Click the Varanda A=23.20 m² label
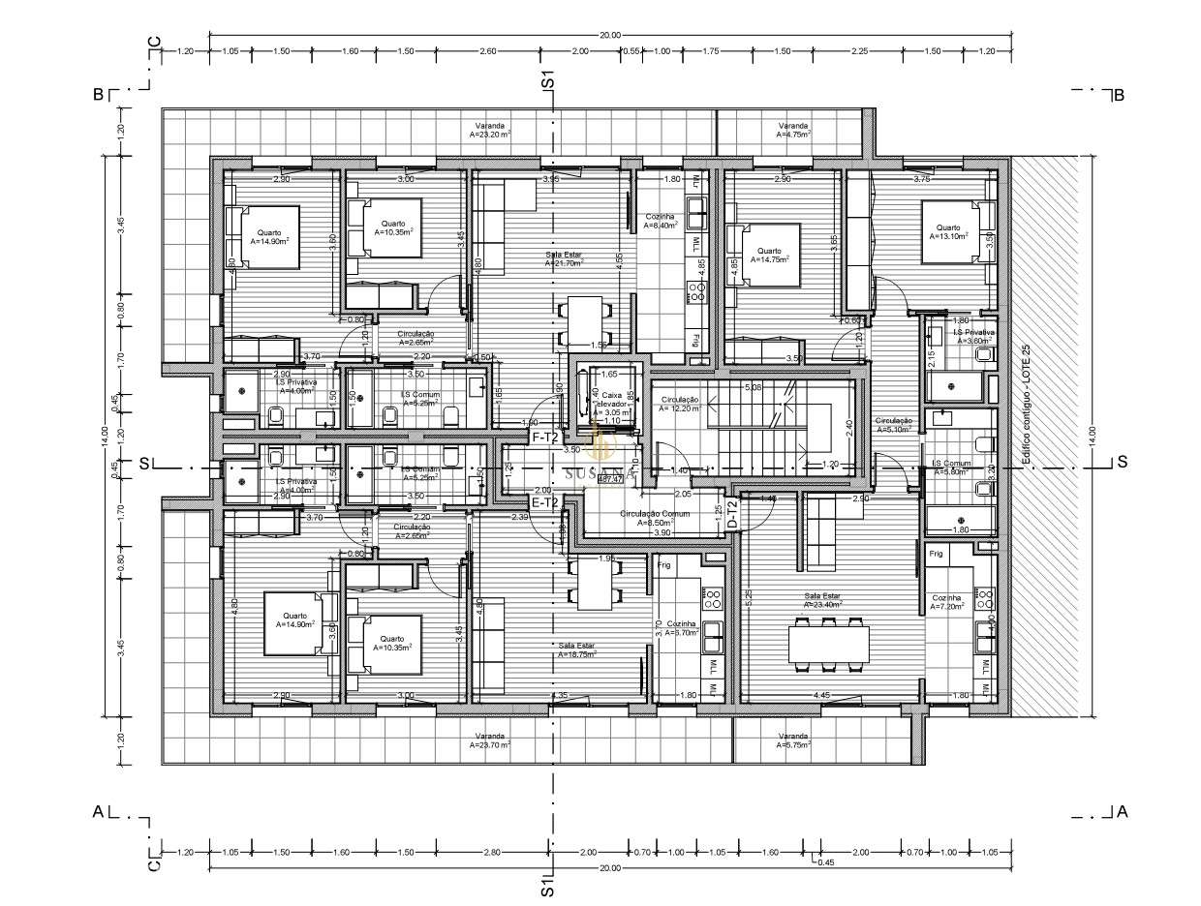click(x=489, y=131)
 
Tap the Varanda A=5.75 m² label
click(x=792, y=740)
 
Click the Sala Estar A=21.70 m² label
click(x=563, y=257)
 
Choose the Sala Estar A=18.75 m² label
click(x=576, y=649)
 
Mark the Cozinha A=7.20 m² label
click(x=948, y=602)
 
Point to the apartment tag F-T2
click(x=544, y=438)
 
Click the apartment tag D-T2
click(x=732, y=513)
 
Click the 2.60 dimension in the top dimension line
click(x=488, y=50)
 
